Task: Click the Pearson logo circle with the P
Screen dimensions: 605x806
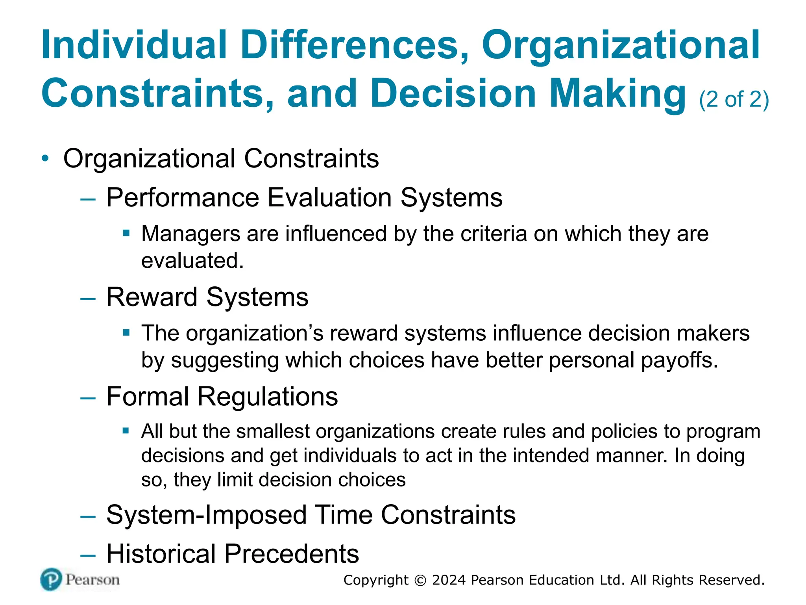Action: click(51, 579)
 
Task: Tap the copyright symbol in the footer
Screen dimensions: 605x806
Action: click(420, 581)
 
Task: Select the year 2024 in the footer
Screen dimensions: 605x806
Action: click(449, 580)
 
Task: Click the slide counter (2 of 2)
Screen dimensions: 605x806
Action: click(734, 99)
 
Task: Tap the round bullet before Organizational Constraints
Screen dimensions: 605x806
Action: click(46, 159)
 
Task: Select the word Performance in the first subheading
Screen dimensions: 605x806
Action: click(183, 197)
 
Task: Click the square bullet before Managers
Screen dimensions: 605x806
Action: click(126, 233)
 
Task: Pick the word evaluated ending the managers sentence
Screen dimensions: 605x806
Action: click(192, 261)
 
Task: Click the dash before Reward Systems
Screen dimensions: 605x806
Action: click(88, 299)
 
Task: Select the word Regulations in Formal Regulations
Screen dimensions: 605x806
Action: click(267, 396)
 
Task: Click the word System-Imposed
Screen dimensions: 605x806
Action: click(207, 515)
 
